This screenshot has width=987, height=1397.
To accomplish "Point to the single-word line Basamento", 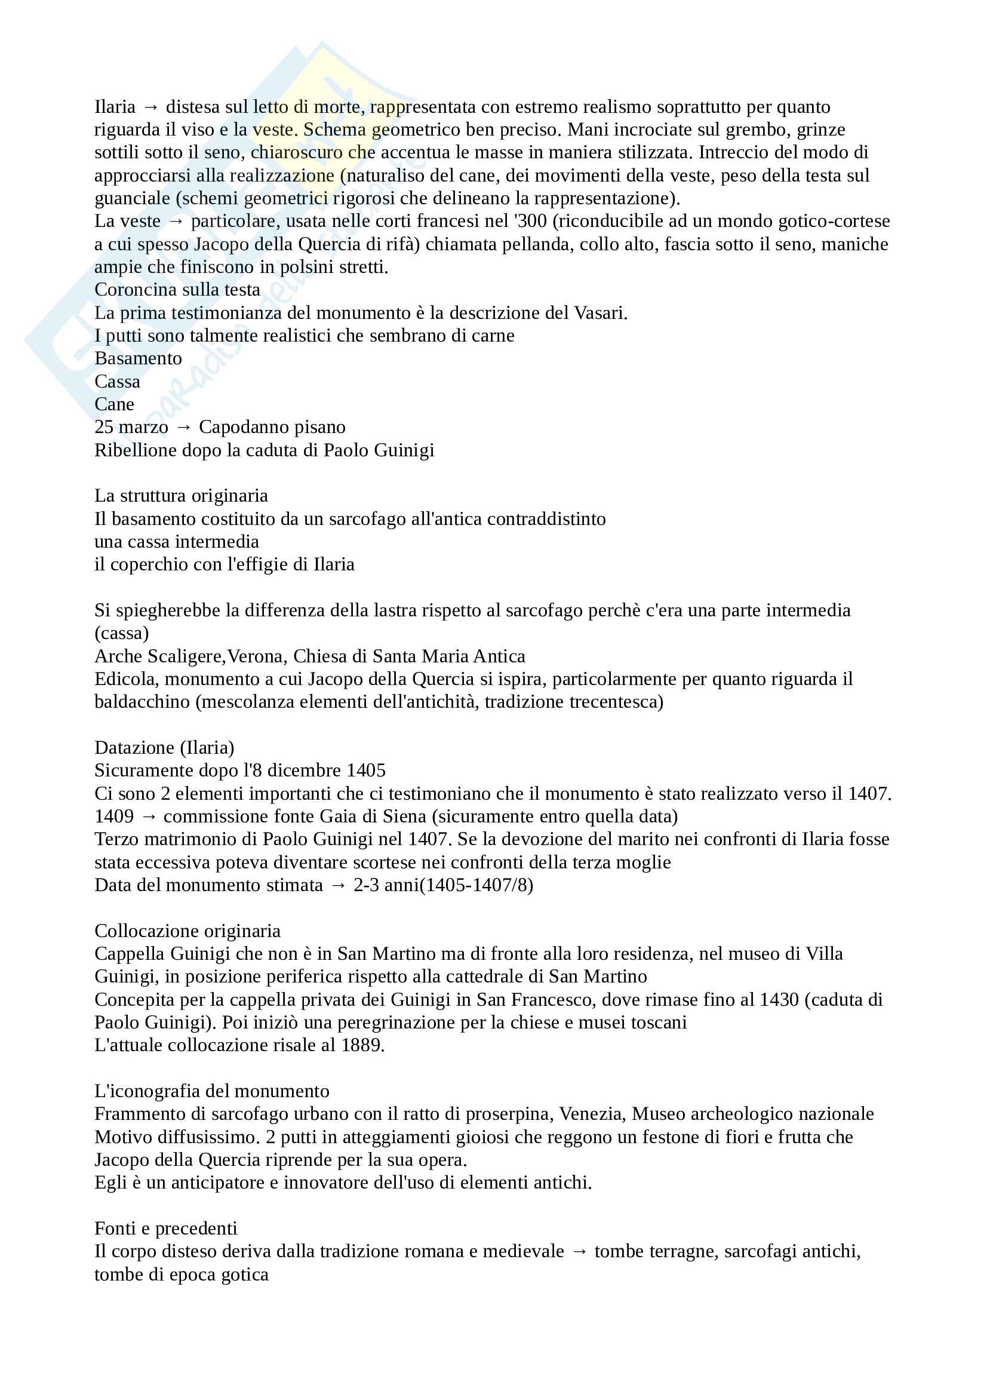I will (138, 358).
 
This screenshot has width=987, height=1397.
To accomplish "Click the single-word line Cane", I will (114, 404).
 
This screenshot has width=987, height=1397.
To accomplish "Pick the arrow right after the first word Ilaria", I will (151, 107).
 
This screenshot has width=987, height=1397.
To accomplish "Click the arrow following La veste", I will (176, 222).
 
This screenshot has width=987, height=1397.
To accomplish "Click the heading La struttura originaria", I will (182, 496).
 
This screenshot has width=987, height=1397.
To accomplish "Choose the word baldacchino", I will (142, 702).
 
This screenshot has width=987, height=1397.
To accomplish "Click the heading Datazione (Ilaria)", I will (164, 747).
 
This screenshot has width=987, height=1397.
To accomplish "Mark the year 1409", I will (113, 816).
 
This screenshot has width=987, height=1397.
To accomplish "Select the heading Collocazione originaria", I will (187, 931).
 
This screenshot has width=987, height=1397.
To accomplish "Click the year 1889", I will (362, 1045).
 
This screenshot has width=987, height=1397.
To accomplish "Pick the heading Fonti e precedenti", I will (166, 1229).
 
